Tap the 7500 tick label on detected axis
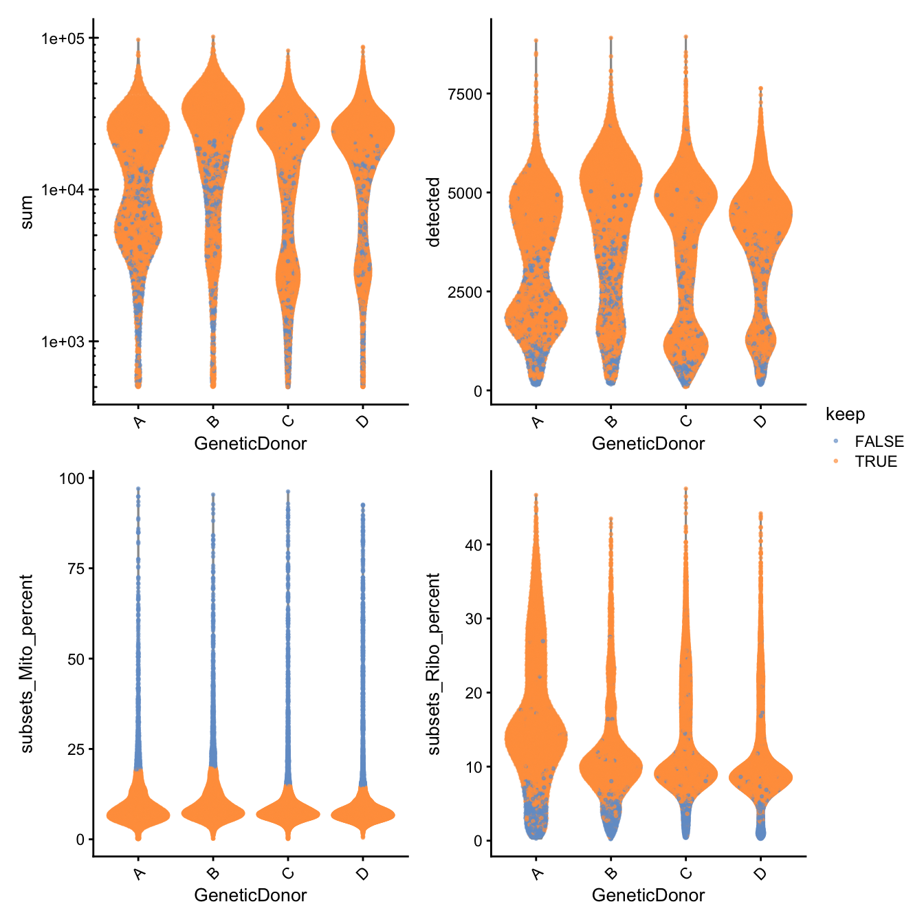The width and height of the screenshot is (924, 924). coord(465,94)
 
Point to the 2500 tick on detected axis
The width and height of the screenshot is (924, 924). coord(465,292)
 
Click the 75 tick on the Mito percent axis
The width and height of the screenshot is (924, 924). coord(76,569)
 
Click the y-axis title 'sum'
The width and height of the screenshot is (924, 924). coord(27,212)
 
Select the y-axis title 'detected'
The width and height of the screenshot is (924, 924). coord(433,212)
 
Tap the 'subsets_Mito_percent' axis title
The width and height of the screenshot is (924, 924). coord(27,663)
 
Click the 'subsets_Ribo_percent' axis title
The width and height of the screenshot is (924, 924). coord(433,663)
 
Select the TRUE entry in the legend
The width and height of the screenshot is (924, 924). coord(875,461)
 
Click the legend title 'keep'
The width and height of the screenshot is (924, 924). coord(845,414)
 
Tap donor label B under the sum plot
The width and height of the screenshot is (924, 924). coord(213,421)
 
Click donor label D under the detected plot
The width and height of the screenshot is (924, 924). coord(760,421)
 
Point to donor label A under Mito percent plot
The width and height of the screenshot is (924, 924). coord(139,873)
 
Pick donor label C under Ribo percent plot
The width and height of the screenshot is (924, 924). coord(685,873)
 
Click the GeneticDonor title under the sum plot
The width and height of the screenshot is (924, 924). coord(250,443)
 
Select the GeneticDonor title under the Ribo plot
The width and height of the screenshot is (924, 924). coord(648,895)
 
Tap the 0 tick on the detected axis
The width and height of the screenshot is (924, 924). coord(478,391)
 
